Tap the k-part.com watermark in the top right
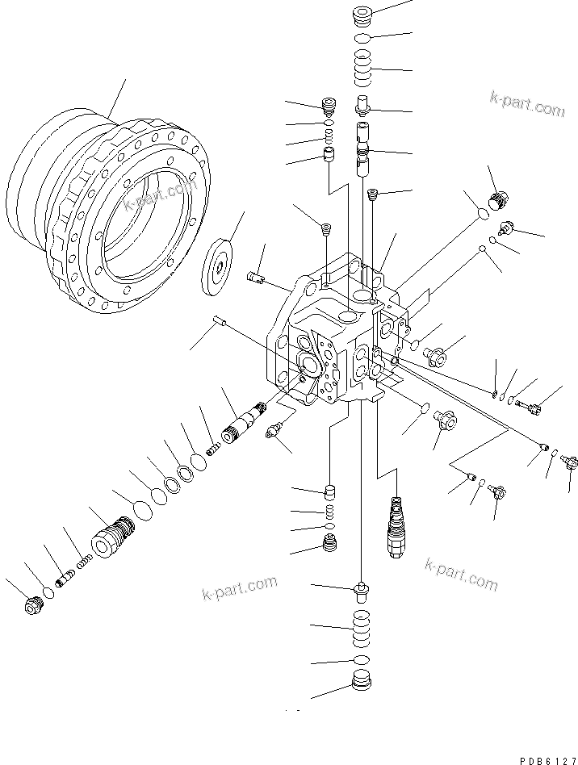[527, 104]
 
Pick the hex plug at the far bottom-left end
[33, 604]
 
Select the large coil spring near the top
[363, 68]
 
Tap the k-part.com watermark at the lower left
[239, 589]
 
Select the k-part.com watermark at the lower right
[461, 576]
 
